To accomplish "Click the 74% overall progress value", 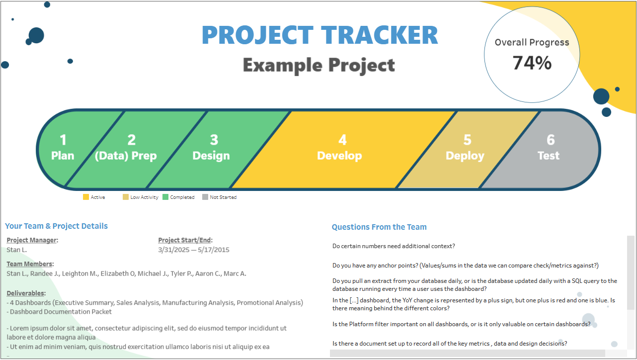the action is click(532, 63).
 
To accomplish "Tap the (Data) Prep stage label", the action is click(126, 156).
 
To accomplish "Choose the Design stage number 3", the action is click(214, 140).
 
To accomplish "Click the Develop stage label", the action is click(339, 156).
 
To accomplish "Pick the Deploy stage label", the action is click(465, 156).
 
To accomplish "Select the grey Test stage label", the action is click(548, 156).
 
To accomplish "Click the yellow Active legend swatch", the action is click(86, 197).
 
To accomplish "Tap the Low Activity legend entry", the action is click(141, 197).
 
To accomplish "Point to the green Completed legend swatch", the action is click(165, 197).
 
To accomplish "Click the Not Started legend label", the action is click(223, 197).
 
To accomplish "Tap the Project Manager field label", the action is click(32, 240).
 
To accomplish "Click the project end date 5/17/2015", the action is click(214, 250).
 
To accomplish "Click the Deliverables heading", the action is click(26, 293).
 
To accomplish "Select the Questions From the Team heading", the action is click(379, 227).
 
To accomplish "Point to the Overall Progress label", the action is click(532, 42).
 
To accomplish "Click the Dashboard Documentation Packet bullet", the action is click(59, 312).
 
